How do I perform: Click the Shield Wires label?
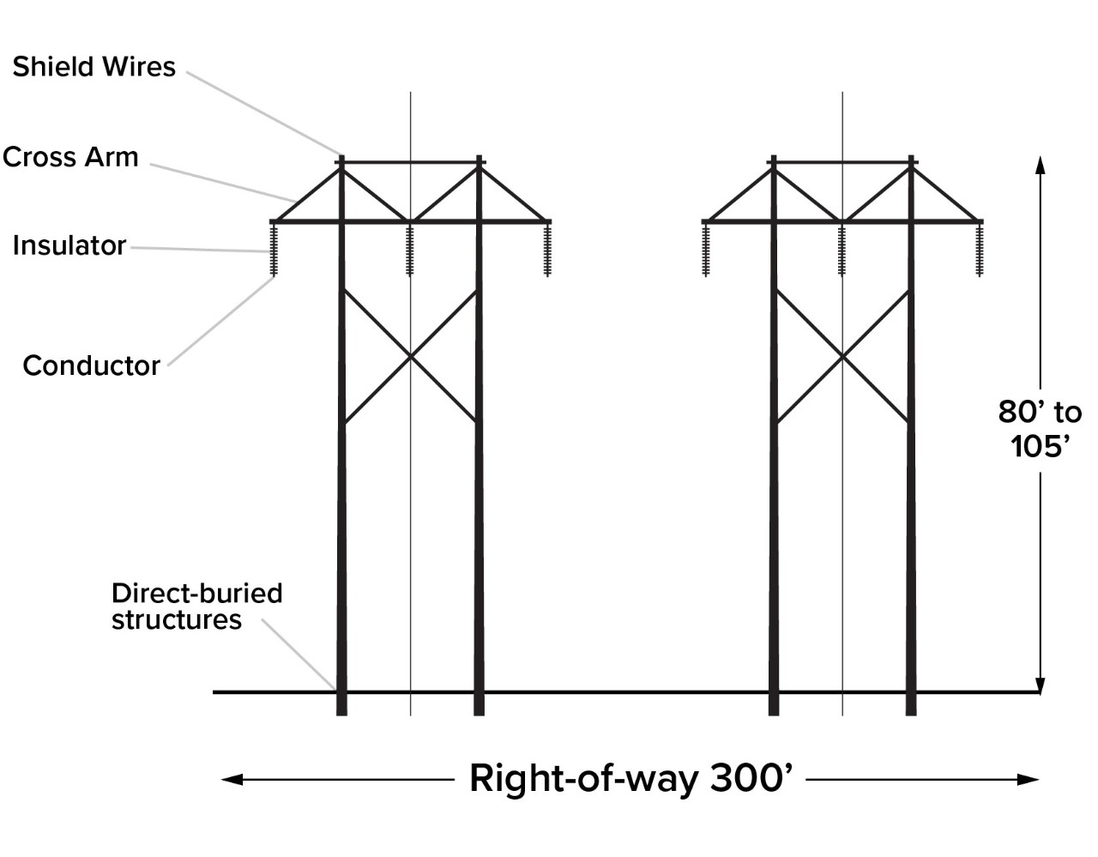(x=94, y=67)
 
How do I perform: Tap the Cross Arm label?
(x=70, y=157)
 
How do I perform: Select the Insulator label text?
(x=69, y=245)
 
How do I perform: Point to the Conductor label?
(x=92, y=365)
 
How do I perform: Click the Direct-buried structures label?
(x=196, y=606)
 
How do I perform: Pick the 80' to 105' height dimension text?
(x=1040, y=429)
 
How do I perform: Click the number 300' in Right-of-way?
(x=751, y=778)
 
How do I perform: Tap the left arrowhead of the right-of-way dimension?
(x=232, y=780)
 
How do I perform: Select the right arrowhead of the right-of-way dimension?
(x=1029, y=780)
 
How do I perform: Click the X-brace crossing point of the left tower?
(x=410, y=357)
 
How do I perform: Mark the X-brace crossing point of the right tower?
(x=842, y=357)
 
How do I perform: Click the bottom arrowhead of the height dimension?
(x=1040, y=685)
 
